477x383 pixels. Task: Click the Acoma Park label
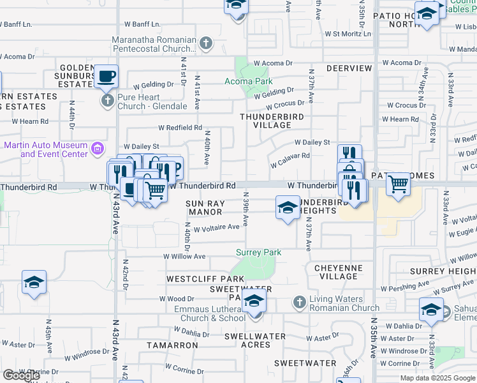(x=249, y=81)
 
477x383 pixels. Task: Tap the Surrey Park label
(x=259, y=252)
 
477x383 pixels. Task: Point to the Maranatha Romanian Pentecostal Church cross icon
(x=205, y=43)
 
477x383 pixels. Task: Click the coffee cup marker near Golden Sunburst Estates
(x=106, y=77)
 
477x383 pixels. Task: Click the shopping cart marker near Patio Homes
(x=398, y=184)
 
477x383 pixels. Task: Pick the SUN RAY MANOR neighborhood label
(x=204, y=207)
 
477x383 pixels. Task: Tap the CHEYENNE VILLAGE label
(x=339, y=272)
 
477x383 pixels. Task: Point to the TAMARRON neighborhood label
(x=172, y=345)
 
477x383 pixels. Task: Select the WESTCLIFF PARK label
(x=205, y=279)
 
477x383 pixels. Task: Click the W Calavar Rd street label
(x=290, y=160)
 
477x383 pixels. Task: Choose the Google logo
(x=22, y=375)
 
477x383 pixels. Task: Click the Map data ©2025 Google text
(x=437, y=378)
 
